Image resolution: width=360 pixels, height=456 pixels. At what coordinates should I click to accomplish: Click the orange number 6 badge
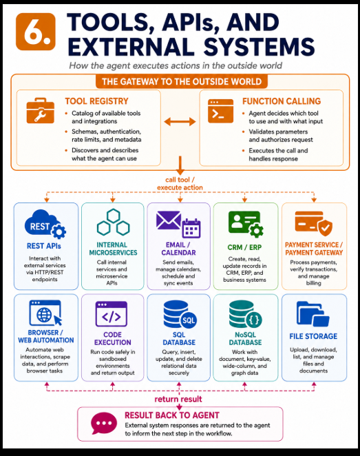pos(35,32)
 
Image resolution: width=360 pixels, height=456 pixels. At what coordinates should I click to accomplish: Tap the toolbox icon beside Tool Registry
pos(40,111)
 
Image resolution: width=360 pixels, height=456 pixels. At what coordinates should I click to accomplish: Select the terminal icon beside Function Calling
pos(220,111)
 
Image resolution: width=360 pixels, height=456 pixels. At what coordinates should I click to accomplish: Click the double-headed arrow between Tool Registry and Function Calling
pos(180,121)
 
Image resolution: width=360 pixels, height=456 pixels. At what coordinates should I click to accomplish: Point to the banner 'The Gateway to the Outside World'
pos(182,81)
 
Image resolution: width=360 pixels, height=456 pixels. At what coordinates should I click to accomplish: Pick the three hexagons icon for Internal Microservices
pos(113,222)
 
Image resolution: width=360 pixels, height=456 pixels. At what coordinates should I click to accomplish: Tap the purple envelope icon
pos(169,220)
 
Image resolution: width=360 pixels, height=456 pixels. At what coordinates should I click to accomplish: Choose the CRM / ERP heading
pos(244,247)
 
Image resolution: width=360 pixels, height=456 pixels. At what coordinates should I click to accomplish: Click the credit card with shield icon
pos(313,223)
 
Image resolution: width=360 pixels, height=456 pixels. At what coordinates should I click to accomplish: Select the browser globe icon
pos(45,313)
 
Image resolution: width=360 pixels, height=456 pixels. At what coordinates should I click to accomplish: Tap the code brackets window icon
pos(112,314)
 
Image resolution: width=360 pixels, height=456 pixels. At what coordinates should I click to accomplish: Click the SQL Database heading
pos(179,338)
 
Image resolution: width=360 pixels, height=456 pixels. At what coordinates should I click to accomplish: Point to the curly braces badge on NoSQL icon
pos(254,320)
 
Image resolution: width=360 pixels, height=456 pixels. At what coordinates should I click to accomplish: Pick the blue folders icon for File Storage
pos(313,314)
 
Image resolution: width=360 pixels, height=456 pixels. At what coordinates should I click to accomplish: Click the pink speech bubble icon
pos(104,423)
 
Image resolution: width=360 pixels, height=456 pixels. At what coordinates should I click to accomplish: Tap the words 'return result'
pos(178,399)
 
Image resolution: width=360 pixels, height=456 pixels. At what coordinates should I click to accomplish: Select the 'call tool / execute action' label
pos(180,183)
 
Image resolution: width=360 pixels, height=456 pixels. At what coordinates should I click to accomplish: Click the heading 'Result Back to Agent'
pos(172,415)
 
